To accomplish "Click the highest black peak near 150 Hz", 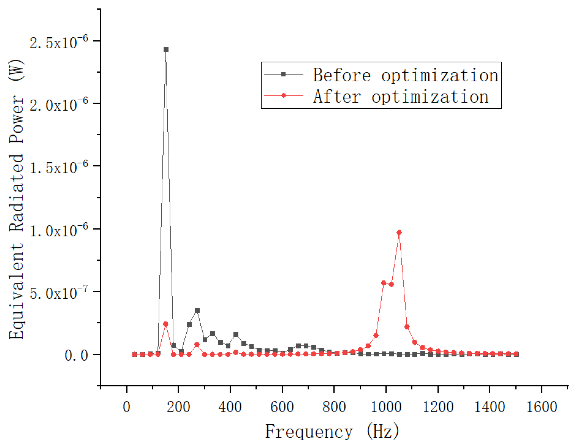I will (166, 50).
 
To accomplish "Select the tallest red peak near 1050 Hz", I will (399, 233).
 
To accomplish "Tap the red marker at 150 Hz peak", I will (166, 324).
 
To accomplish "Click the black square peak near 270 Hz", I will (197, 311).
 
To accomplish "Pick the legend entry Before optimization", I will (405, 75).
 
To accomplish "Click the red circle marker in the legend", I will (283, 96).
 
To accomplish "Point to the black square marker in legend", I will (283, 74).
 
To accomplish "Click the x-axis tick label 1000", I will (386, 407).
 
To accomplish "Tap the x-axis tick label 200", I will (178, 407).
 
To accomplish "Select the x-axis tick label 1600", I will (542, 407).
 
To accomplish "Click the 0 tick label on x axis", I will (127, 407).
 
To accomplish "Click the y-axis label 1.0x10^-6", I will (58, 230).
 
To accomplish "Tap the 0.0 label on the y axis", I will (76, 355).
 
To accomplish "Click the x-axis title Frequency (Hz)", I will (332, 431).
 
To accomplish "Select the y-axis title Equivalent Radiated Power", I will (17, 198).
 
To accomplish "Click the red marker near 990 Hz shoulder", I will (383, 283).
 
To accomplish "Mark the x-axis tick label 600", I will (282, 407).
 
